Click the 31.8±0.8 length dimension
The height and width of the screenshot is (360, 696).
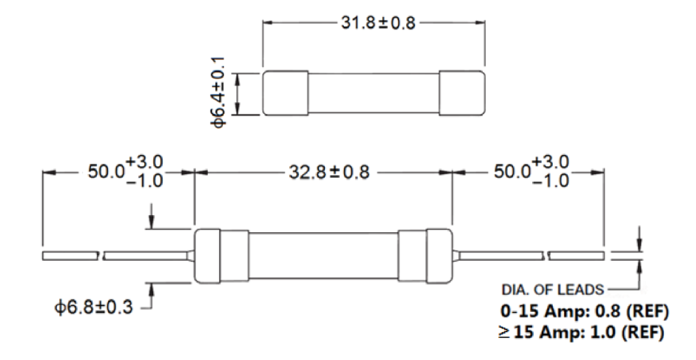click(x=374, y=24)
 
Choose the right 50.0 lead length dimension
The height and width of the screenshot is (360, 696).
click(x=529, y=172)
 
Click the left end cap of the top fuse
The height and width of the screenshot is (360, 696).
click(x=285, y=93)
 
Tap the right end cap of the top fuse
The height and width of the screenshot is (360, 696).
click(x=461, y=93)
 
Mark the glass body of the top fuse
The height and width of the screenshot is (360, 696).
click(x=373, y=93)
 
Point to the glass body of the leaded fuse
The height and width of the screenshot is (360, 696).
click(x=323, y=255)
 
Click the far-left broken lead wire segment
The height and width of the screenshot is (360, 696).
click(x=70, y=255)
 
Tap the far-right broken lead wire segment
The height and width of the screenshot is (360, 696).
click(x=577, y=255)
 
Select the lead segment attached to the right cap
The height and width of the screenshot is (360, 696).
click(x=499, y=255)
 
